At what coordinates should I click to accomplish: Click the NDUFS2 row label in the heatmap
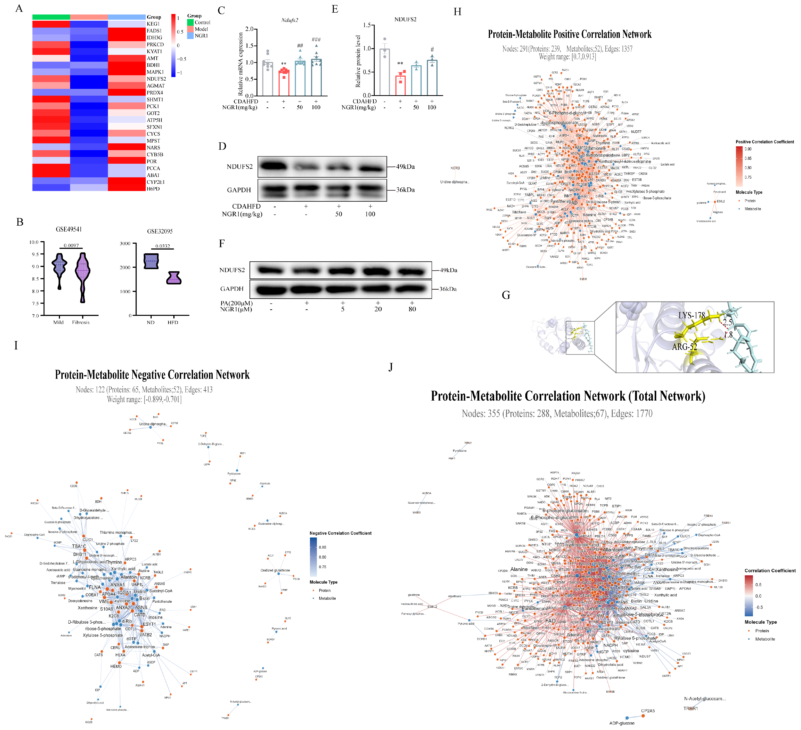(156, 79)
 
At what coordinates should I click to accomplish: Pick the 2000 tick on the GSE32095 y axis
(125, 267)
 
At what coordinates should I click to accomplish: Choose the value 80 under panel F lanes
(412, 309)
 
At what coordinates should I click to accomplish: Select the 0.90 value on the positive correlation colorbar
(748, 149)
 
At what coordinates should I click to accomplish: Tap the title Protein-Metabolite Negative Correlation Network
(152, 375)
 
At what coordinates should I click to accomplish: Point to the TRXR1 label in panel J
(691, 709)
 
